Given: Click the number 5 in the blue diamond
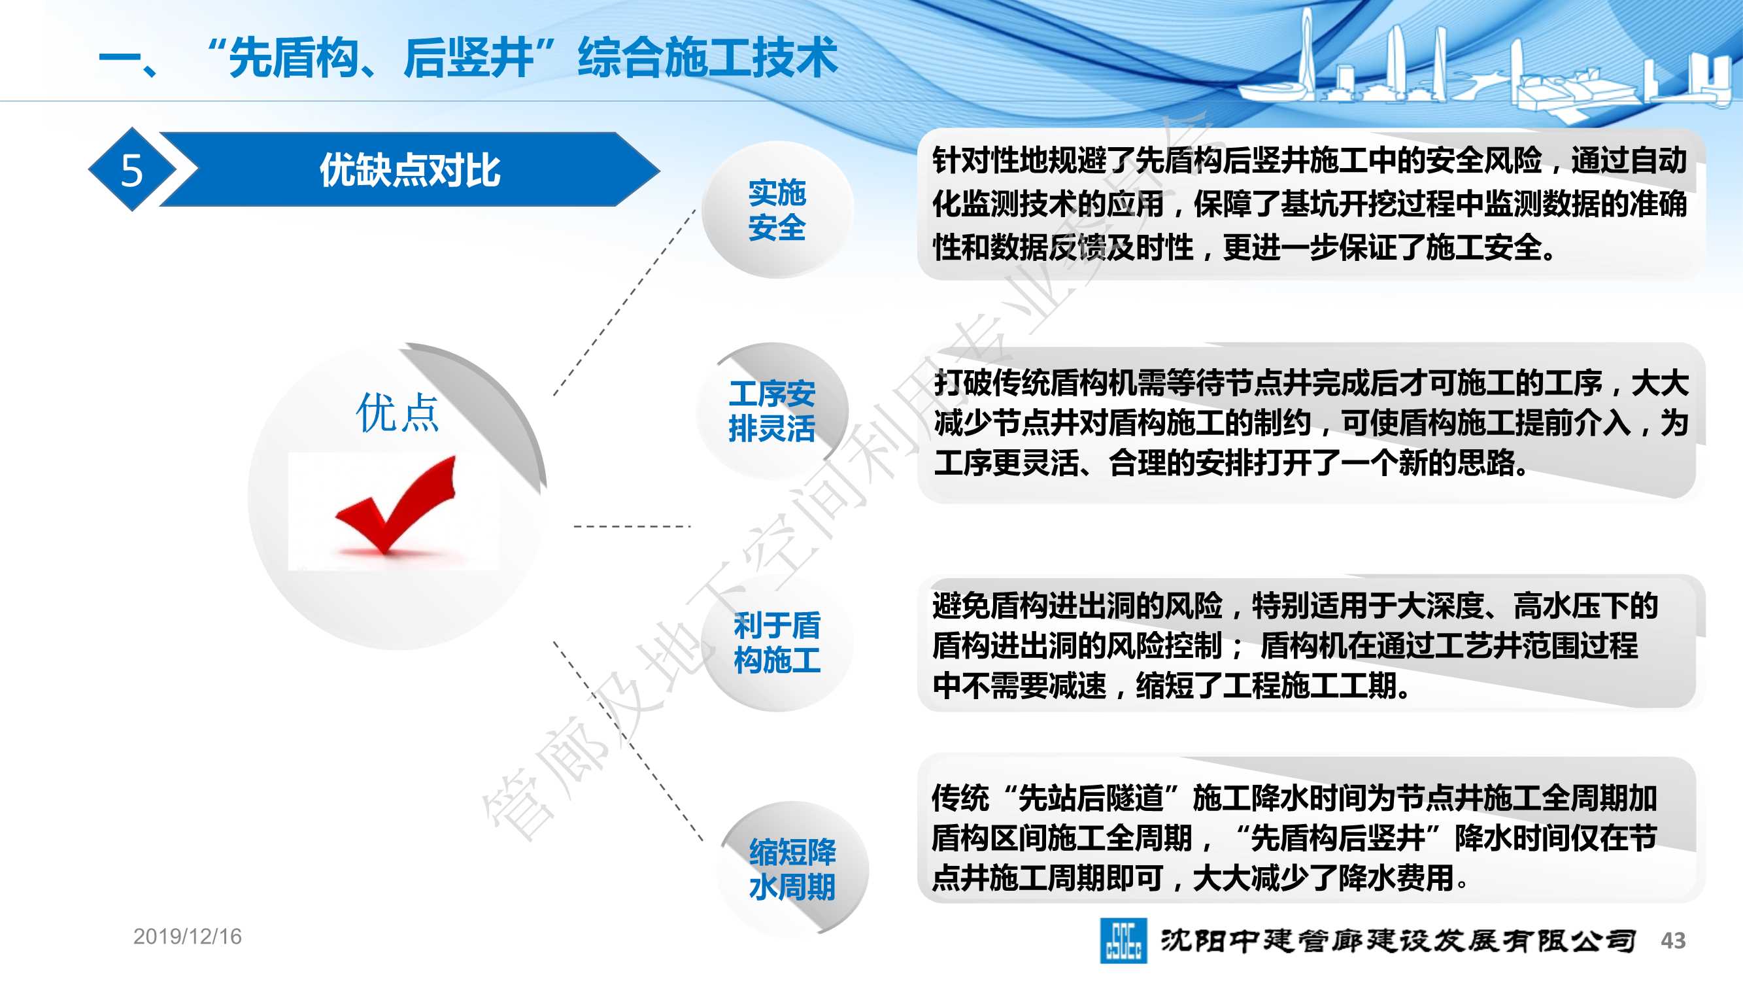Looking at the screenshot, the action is (x=132, y=170).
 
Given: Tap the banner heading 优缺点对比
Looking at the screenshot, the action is (x=410, y=170).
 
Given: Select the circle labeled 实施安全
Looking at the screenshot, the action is (x=777, y=210).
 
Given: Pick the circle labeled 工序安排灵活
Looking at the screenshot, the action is (x=772, y=411).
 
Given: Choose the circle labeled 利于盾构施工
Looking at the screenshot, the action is (x=777, y=642).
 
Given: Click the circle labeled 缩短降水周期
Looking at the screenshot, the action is (x=792, y=869).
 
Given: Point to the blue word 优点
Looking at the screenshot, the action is (x=398, y=412).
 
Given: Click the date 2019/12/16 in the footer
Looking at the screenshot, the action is (x=188, y=937).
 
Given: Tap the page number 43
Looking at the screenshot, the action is (x=1673, y=940).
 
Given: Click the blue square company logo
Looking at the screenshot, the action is (x=1123, y=940).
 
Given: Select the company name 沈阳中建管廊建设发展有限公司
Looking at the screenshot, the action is (x=1398, y=940).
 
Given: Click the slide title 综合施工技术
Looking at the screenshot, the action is (x=707, y=58).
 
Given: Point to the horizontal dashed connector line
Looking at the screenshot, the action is (x=632, y=526).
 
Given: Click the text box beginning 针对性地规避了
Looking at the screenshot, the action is (x=1310, y=204).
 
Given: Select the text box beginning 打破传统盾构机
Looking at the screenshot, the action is (x=1310, y=422).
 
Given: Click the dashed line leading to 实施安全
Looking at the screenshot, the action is (x=624, y=303).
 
